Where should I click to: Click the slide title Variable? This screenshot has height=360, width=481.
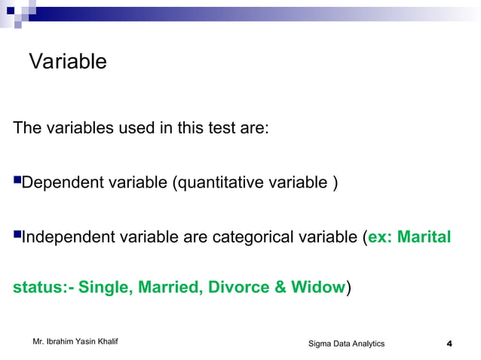[67, 62]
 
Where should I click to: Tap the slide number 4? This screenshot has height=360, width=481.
[449, 344]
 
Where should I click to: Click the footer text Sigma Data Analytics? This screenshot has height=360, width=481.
[346, 344]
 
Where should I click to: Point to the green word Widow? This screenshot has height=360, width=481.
[317, 288]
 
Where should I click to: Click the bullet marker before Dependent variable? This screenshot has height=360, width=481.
[17, 181]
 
